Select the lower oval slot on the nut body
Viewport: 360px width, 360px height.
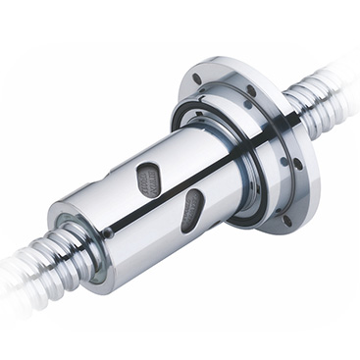192,210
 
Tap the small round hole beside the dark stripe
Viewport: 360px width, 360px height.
108,233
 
